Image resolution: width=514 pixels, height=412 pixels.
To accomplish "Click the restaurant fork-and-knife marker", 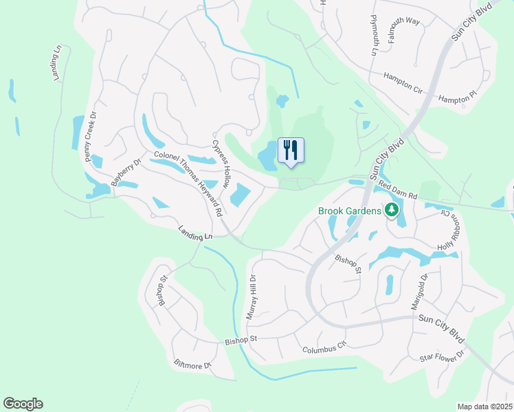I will tap(291, 150).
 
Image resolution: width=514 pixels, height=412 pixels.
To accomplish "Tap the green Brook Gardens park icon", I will tap(392, 210).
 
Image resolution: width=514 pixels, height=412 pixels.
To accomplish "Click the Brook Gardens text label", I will tap(348, 211).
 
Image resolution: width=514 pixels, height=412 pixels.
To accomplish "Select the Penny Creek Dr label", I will tap(88, 137).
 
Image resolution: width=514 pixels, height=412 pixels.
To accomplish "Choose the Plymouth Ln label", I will tap(375, 35).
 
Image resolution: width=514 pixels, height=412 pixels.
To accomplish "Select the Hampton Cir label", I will tap(403, 82).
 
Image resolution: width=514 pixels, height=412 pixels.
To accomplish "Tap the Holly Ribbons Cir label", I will tap(447, 229).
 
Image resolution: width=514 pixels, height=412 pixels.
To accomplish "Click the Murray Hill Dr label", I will tap(252, 297).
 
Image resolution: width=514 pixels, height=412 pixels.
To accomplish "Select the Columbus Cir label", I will tap(325, 349).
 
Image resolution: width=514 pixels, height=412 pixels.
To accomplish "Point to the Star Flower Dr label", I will tap(443, 356).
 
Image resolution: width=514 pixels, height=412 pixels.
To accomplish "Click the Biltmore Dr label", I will tap(192, 364).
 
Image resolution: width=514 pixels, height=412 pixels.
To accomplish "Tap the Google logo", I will tap(23, 404).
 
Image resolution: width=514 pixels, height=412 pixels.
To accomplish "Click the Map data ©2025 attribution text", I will tap(484, 407).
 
